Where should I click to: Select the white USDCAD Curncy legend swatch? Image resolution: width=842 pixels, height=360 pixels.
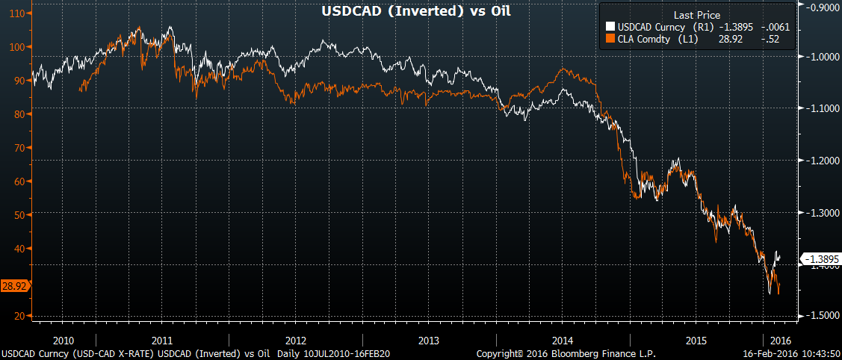click(610, 28)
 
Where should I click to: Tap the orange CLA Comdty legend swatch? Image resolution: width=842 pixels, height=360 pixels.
click(610, 40)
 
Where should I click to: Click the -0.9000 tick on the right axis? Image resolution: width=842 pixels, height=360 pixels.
click(820, 7)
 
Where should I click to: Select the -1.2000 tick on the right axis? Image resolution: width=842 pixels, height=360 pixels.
click(820, 161)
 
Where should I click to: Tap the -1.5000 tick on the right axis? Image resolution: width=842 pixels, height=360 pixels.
click(820, 317)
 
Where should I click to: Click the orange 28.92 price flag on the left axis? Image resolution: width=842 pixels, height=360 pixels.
click(14, 286)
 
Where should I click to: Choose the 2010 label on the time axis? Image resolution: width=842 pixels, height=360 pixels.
click(64, 340)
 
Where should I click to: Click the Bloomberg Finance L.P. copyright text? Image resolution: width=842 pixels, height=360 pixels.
click(566, 353)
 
